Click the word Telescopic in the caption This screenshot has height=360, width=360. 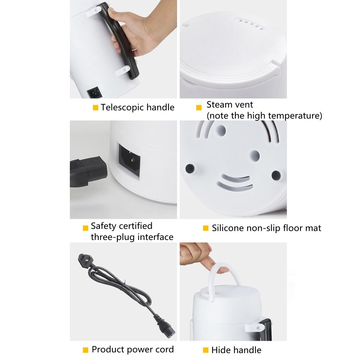(122, 107)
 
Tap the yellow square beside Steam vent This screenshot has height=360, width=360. (199, 108)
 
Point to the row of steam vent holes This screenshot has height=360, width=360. (250, 24)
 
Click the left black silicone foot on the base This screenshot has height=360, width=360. (190, 168)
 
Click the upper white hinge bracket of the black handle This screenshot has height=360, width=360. (93, 12)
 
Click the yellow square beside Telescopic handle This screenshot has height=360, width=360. (95, 108)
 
